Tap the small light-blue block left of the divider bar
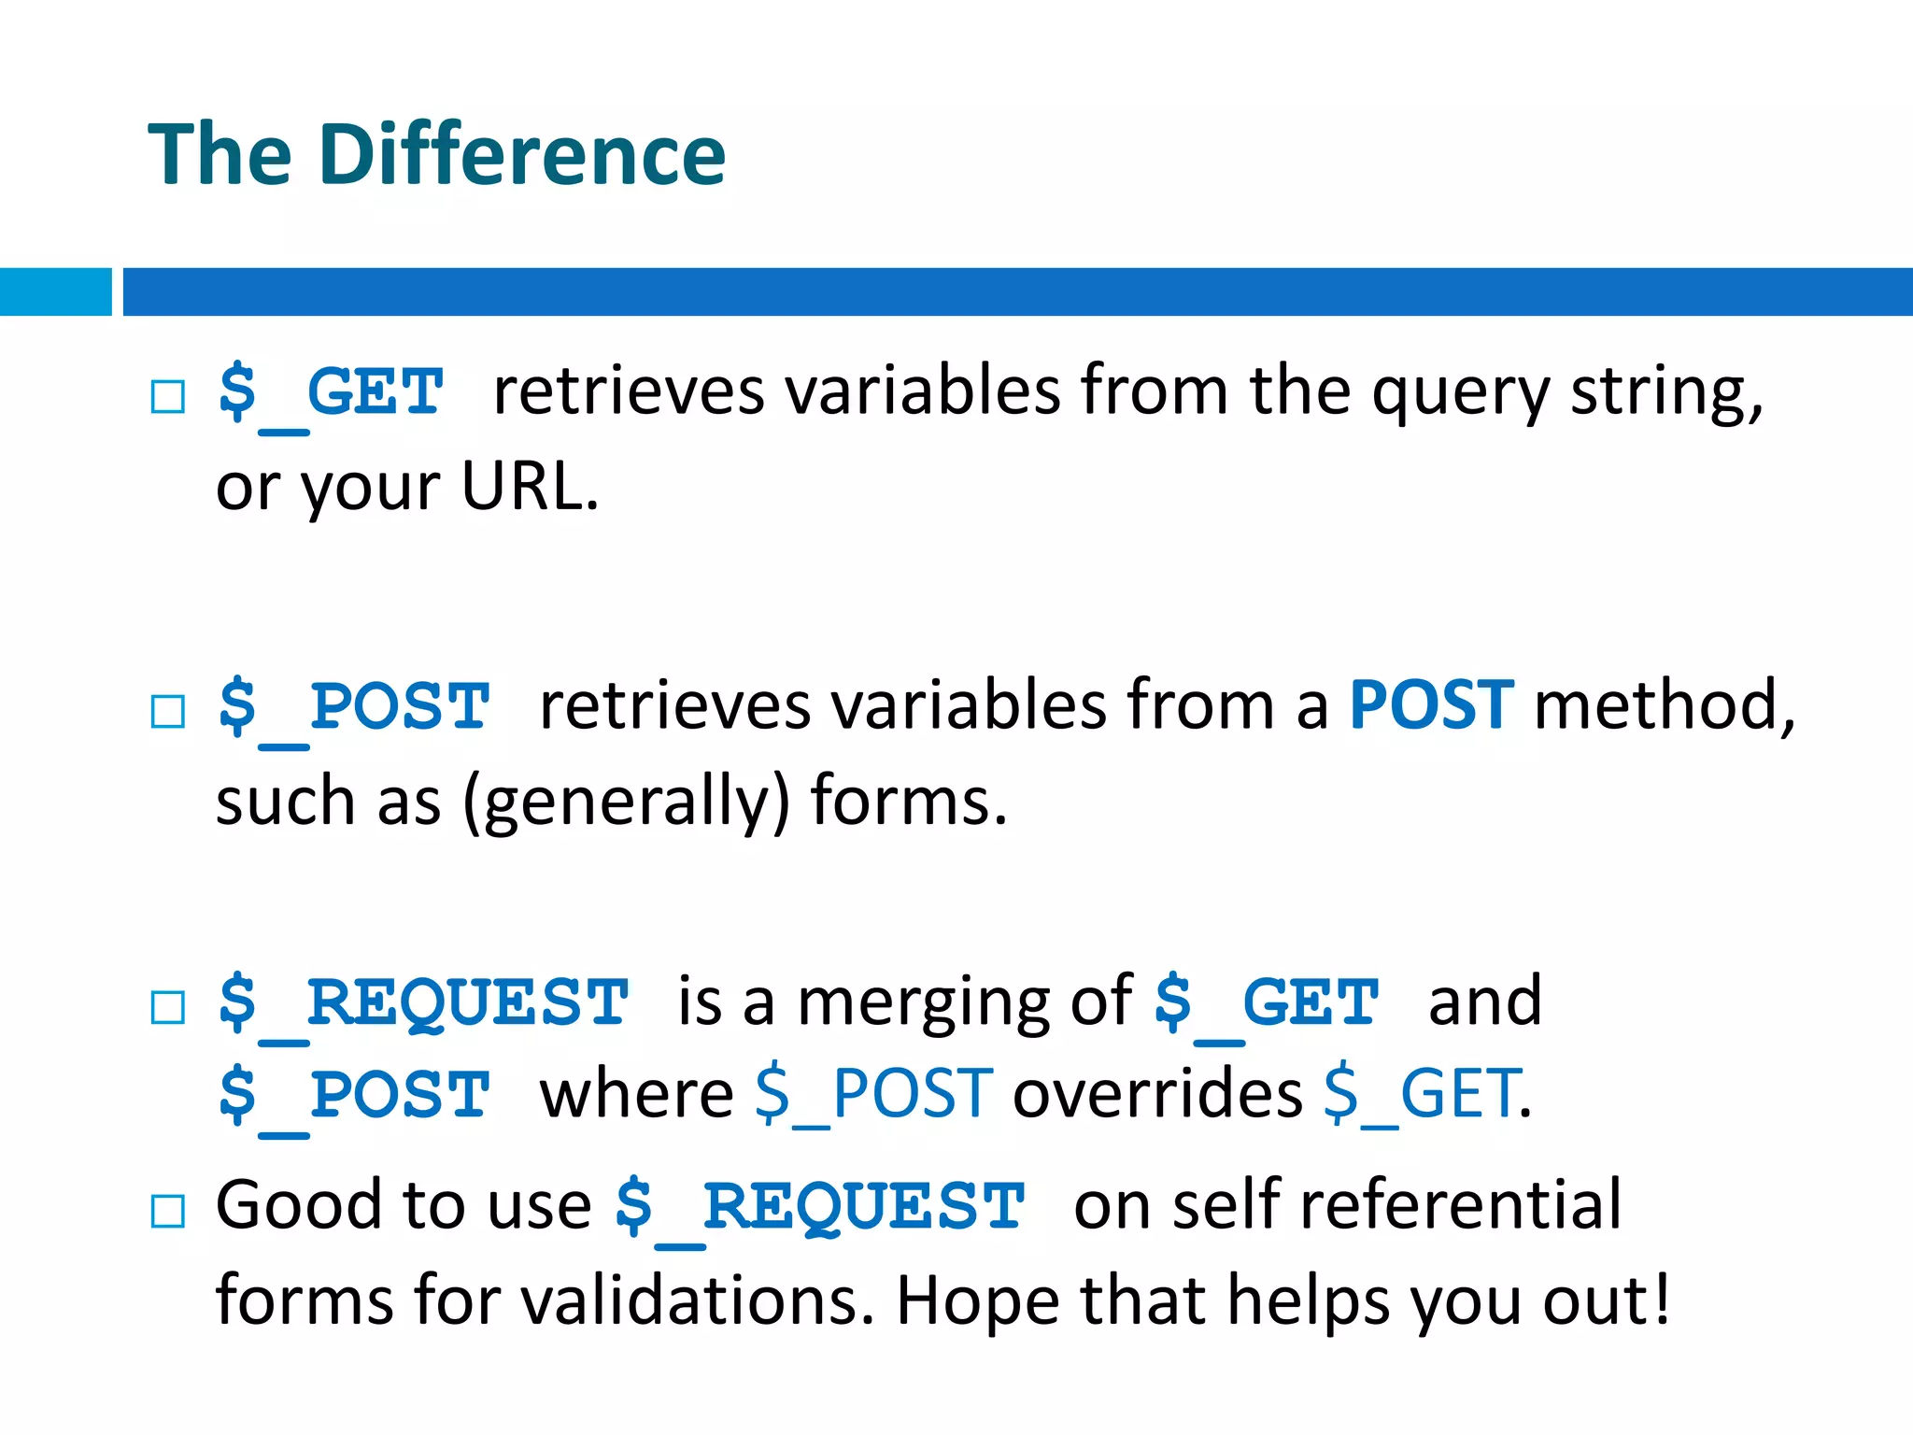coord(55,291)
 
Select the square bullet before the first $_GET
coord(168,397)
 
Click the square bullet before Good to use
coord(168,1212)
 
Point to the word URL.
coord(529,487)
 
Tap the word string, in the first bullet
coord(1666,391)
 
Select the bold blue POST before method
coord(1431,704)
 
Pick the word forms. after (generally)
coord(909,802)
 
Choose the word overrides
coord(1157,1093)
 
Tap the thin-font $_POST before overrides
coord(874,1093)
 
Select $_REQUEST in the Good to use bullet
coord(820,1206)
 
